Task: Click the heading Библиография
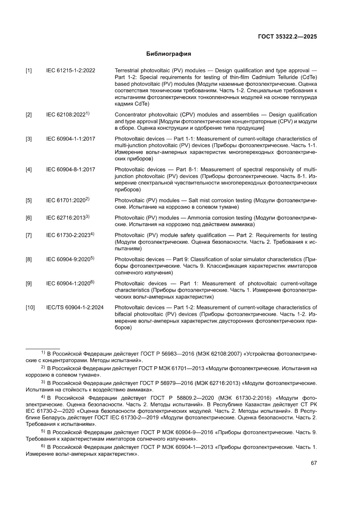pos(169,54)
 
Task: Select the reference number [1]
pos(29,71)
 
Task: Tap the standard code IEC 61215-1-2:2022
pos(71,71)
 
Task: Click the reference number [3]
pos(29,139)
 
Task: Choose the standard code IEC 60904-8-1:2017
pos(71,169)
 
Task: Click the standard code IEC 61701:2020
pos(66,200)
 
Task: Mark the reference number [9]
pos(29,284)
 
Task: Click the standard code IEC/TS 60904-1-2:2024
pos(75,308)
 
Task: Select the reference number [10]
pos(30,308)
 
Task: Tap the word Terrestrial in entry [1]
pos(128,71)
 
